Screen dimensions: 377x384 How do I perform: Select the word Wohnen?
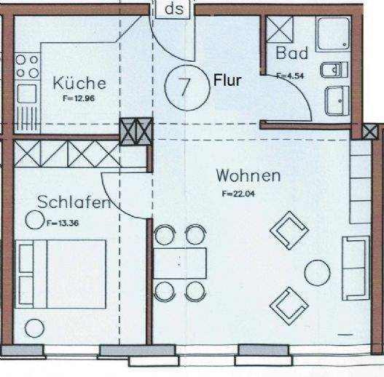click(x=248, y=175)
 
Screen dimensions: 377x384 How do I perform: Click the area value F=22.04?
click(x=235, y=194)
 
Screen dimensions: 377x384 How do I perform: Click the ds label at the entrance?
click(x=174, y=9)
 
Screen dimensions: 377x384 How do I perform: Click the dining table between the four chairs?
click(x=180, y=263)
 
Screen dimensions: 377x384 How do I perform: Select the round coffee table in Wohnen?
click(x=316, y=272)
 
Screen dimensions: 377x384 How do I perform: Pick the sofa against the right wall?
click(x=357, y=266)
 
